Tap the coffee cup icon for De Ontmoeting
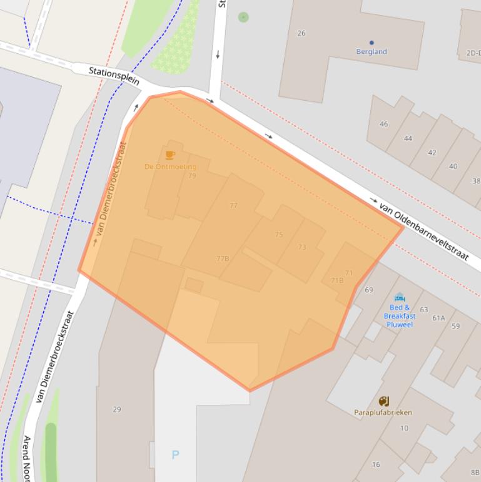click(x=170, y=155)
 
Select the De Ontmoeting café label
click(x=170, y=167)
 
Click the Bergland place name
click(x=372, y=52)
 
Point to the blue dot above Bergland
click(x=372, y=43)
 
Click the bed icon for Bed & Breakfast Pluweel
click(x=400, y=297)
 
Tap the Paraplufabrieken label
click(x=383, y=413)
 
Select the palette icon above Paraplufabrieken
click(x=383, y=401)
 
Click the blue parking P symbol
click(x=175, y=455)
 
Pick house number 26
click(x=301, y=33)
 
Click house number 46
click(x=383, y=124)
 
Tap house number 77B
click(x=223, y=259)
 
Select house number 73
click(x=302, y=247)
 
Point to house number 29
click(x=117, y=409)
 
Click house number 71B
click(x=337, y=280)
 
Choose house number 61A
click(x=438, y=318)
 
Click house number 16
click(x=376, y=464)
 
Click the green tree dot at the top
click(x=243, y=17)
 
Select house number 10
click(x=405, y=428)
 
